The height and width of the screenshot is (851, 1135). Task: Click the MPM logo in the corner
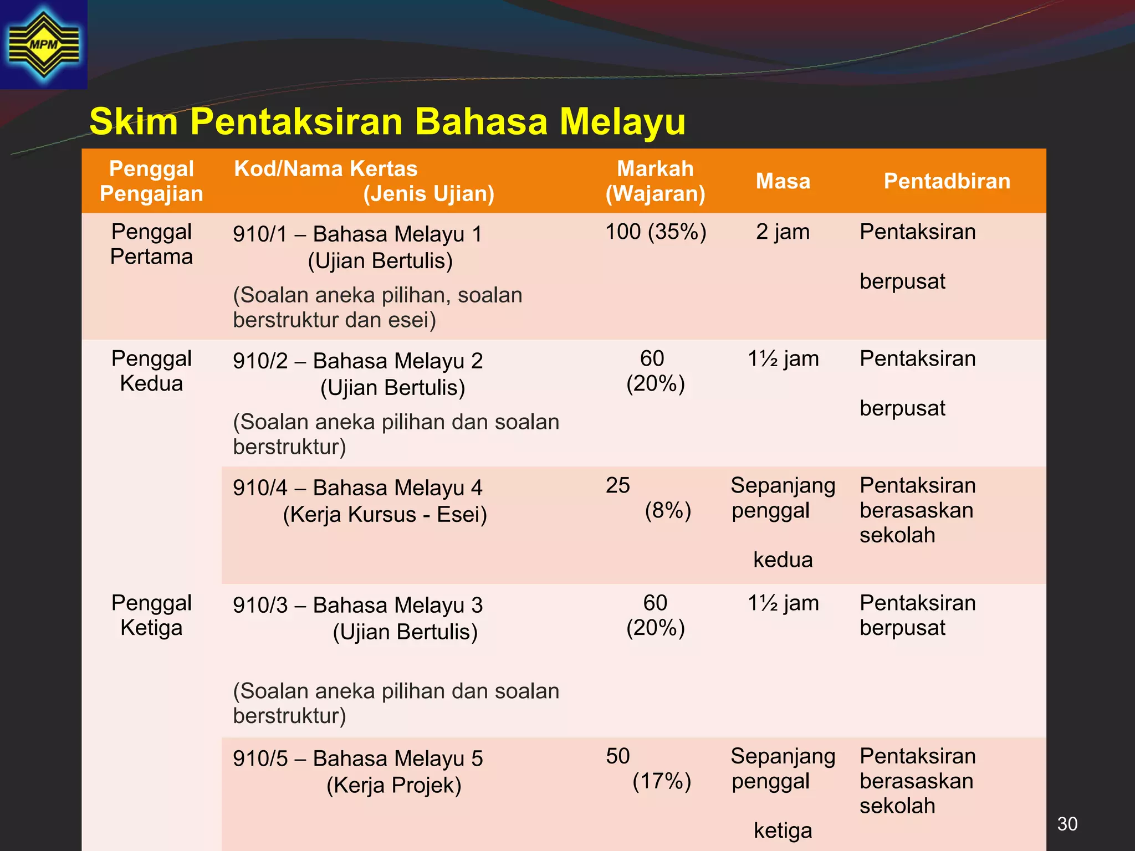coord(44,44)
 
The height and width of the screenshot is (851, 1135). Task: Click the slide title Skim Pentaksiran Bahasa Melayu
coord(387,121)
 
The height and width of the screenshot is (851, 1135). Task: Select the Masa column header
coord(783,181)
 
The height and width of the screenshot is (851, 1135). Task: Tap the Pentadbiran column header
coord(947,181)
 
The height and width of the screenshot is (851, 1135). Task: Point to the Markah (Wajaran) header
coord(655,181)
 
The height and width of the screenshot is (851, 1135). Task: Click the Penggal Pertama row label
coord(151,244)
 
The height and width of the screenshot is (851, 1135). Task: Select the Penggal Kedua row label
coord(151,371)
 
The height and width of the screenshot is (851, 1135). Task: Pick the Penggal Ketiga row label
coord(151,615)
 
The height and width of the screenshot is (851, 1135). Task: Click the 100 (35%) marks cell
coord(656,232)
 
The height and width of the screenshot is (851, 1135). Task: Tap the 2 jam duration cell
coord(783,232)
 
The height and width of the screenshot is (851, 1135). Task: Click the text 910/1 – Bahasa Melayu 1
coord(357,234)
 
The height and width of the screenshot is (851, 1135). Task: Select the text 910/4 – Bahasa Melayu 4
coord(357,488)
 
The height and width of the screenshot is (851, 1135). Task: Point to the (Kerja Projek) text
coord(393,785)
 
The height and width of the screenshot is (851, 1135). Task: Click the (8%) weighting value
coord(668,510)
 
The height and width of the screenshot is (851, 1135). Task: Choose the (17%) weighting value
coord(662,781)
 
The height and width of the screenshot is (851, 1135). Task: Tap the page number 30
coord(1067,824)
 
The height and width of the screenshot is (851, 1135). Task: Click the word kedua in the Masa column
coord(783,560)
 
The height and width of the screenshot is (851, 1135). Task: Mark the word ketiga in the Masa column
coord(783,831)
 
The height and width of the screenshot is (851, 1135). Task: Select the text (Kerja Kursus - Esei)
coord(385,514)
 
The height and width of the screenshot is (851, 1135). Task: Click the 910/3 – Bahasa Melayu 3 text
coord(357,605)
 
